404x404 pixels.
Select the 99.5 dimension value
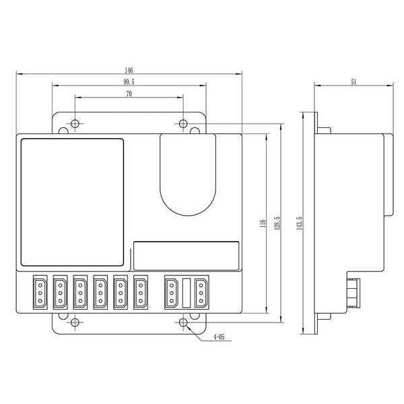[x=129, y=82]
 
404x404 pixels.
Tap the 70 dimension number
[x=128, y=95]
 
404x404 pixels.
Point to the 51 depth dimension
[x=353, y=81]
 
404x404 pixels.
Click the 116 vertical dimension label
[x=263, y=223]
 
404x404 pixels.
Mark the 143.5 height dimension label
[x=298, y=223]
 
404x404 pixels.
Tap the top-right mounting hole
[x=184, y=123]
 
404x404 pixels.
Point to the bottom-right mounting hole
[x=184, y=323]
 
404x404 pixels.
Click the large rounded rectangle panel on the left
[x=73, y=201]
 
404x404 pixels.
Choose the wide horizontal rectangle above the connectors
[x=186, y=256]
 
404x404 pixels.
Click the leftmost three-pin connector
[x=40, y=294]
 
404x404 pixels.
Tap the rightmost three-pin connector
[x=200, y=294]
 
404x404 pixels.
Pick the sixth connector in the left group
[x=141, y=294]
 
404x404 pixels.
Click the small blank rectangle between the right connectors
[x=186, y=294]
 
